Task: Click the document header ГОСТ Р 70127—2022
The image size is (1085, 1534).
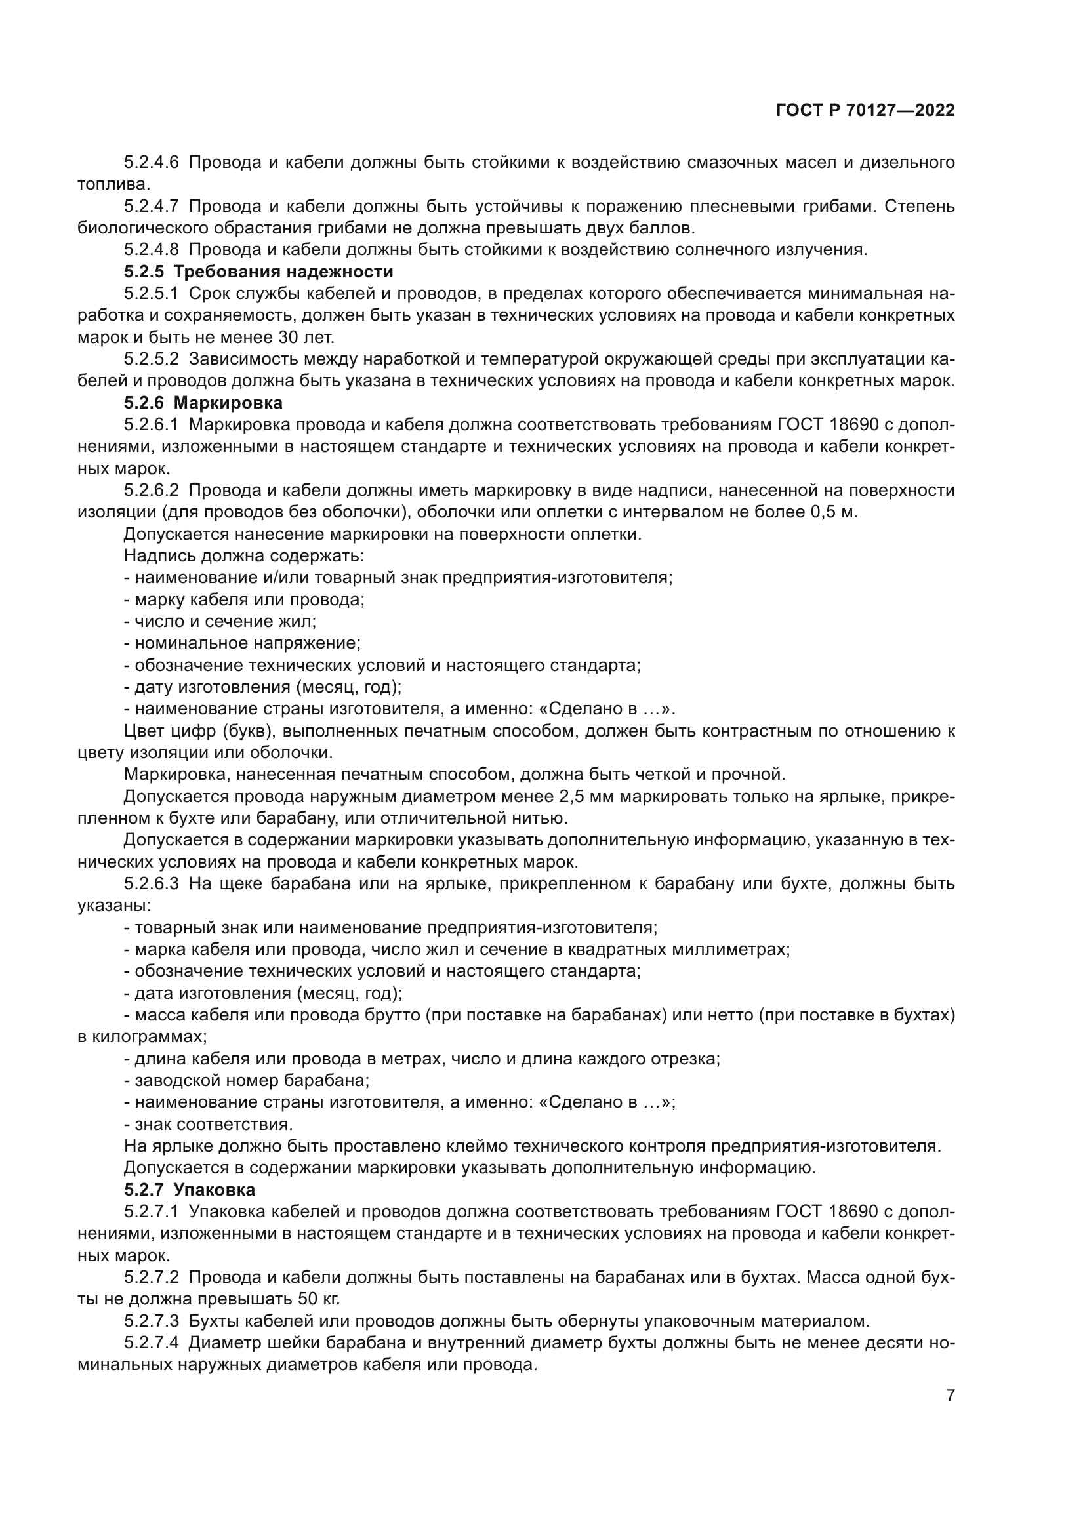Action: (865, 111)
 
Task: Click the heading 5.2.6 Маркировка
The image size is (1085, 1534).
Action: (203, 403)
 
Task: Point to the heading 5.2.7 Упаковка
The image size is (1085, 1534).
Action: (190, 1190)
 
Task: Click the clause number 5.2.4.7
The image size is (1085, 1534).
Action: (152, 207)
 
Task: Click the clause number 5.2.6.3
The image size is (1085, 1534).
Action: (152, 884)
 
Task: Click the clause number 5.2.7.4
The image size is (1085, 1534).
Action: (152, 1343)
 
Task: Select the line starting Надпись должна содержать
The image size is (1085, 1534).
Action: (244, 556)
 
